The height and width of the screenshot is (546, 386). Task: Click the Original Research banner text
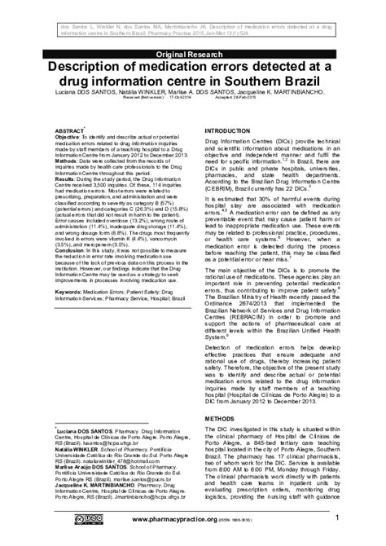193,55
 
